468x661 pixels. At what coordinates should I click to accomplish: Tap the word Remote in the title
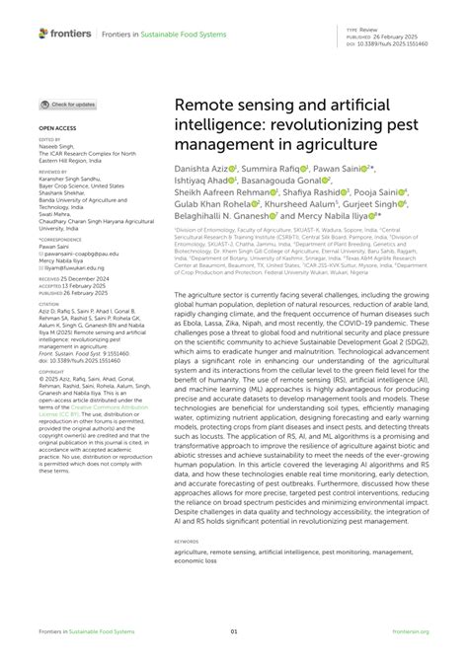point(207,105)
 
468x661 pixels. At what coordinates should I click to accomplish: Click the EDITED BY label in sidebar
point(49,140)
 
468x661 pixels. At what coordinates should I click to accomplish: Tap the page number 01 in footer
point(234,632)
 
